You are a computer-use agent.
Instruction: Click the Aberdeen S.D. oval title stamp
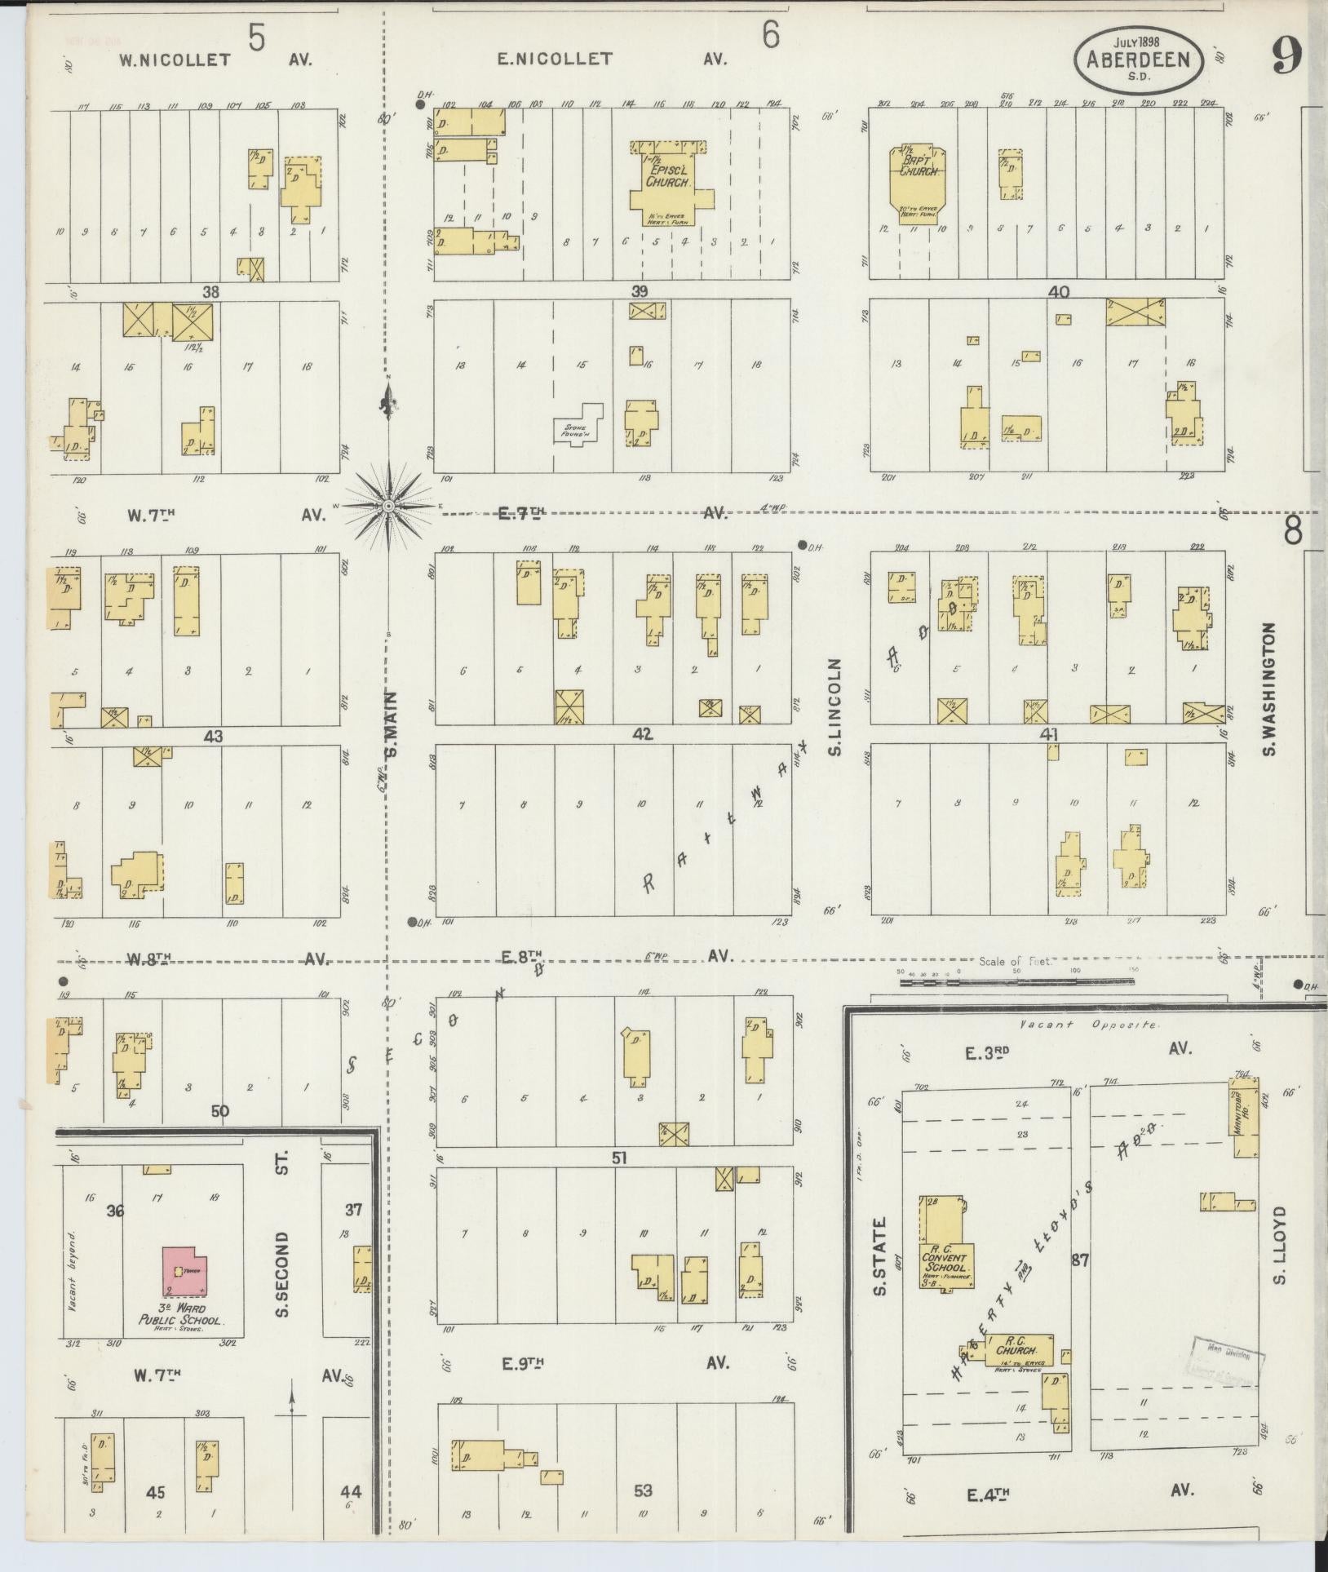(1140, 60)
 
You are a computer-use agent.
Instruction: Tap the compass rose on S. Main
(389, 507)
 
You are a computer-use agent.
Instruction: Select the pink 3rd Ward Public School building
(186, 1281)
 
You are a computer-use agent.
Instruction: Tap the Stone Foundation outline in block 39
(578, 424)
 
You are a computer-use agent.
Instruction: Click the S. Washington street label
(1269, 690)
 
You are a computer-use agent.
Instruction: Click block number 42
(642, 734)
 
